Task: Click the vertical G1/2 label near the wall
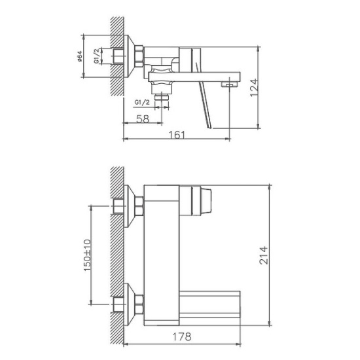[97, 56]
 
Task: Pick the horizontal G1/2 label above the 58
[142, 103]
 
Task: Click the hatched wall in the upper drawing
[117, 56]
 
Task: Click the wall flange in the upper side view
[138, 56]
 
